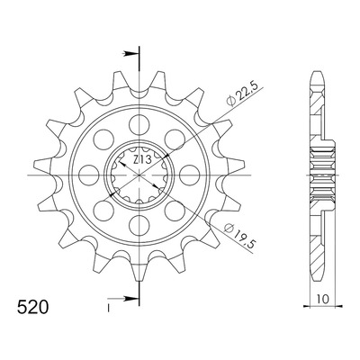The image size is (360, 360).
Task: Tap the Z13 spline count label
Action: coord(141,159)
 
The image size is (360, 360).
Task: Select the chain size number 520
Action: coord(32,307)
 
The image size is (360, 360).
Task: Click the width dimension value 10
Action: coord(322,299)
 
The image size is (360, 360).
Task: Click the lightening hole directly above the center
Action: coord(139,124)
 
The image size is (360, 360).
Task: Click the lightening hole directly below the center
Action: coord(139,225)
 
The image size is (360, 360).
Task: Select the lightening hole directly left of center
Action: coord(89,175)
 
